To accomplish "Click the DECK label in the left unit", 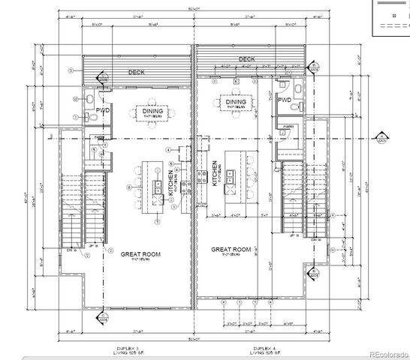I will pyautogui.click(x=135, y=73).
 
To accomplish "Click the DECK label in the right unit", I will pyautogui.click(x=246, y=59).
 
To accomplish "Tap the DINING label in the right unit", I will pyautogui.click(x=235, y=102).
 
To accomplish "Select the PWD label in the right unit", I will pyautogui.click(x=284, y=100).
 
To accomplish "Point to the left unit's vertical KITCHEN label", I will pyautogui.click(x=172, y=183).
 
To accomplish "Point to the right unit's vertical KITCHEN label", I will pyautogui.click(x=215, y=173).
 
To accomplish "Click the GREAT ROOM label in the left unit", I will pyautogui.click(x=140, y=254).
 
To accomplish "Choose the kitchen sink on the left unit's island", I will pyautogui.click(x=159, y=185).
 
